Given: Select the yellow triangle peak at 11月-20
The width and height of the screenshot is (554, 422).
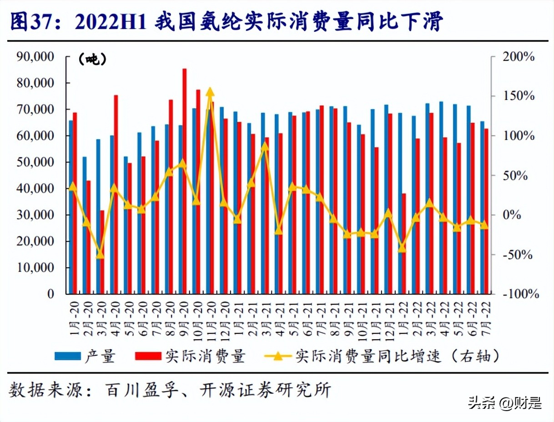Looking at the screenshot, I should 210,92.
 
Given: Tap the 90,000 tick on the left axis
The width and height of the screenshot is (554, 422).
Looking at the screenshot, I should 35,57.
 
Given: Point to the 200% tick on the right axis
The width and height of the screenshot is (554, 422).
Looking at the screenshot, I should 518,57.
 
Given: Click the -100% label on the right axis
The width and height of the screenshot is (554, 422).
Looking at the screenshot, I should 518,294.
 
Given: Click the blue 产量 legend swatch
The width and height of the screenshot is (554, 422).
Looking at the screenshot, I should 67,356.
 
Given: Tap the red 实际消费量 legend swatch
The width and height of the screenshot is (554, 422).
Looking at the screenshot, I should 149,356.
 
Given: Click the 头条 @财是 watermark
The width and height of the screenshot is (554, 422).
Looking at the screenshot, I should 505,403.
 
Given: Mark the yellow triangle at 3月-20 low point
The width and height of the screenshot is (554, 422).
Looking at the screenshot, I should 100,254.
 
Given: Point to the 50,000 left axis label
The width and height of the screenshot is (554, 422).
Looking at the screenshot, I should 35,162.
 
